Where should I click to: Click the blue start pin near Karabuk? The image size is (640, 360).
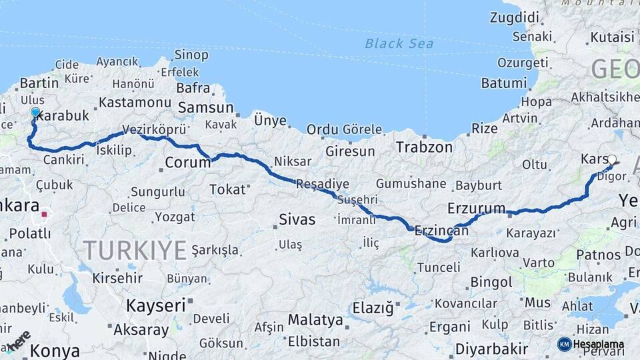pos(35,113)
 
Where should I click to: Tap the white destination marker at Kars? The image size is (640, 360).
pos(612,159)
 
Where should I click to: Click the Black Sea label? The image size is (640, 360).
pos(399,44)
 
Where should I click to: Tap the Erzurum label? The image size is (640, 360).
pos(476,208)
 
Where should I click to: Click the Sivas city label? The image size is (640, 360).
pos(297,219)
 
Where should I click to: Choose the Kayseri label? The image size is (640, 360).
pos(155,306)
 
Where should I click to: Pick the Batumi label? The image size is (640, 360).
pos(503,83)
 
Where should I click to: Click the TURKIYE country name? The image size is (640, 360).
pos(135,250)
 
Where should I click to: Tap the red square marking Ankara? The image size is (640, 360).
pos(45,215)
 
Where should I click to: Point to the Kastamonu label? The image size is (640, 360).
pos(135,103)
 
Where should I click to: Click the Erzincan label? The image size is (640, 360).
pos(441,231)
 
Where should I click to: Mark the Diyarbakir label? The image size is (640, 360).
pos(491,348)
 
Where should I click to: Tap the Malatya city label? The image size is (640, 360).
pos(315,319)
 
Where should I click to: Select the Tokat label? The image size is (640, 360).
pos(227,189)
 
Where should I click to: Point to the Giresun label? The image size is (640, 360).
pos(350,151)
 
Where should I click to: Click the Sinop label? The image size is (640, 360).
pos(191,55)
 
